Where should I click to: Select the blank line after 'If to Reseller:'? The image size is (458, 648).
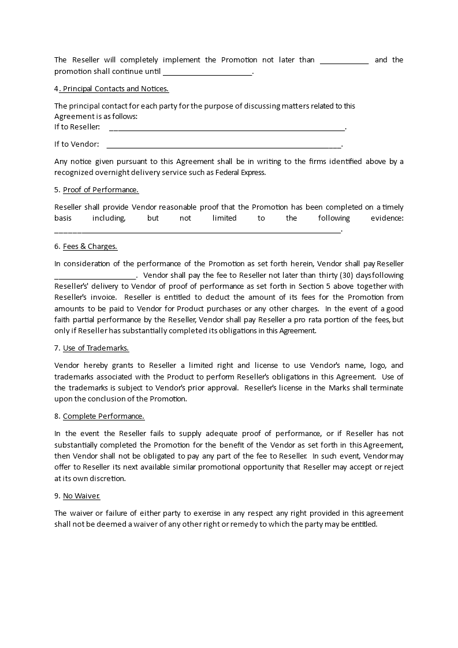[226, 127]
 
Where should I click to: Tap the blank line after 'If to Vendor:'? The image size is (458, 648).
[225, 144]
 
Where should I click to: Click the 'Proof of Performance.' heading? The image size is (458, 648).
[100, 190]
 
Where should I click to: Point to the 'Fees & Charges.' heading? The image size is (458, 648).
[90, 247]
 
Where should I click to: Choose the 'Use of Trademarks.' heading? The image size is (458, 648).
[96, 348]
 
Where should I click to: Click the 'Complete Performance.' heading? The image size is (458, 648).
[103, 416]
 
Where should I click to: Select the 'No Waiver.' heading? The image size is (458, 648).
[81, 496]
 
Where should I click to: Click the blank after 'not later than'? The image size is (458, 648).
[344, 61]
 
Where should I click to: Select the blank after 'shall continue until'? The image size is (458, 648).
[208, 73]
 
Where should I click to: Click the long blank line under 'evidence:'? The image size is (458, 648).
[198, 230]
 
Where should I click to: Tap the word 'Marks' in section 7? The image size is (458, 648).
[339, 388]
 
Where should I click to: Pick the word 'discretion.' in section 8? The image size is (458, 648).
[107, 479]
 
